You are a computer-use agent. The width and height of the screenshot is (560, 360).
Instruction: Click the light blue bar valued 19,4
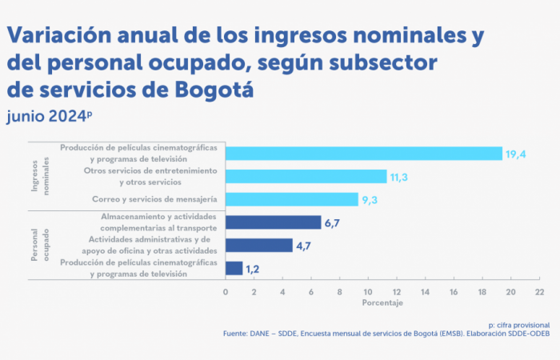tap(363, 154)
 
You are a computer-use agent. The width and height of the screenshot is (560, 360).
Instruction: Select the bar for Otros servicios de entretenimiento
tap(306, 176)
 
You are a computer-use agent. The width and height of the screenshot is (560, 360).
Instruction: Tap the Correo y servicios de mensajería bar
tap(291, 199)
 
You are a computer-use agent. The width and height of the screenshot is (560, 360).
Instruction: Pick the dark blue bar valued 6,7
tap(273, 222)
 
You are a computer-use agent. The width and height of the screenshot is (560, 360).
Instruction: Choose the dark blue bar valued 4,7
tap(258, 246)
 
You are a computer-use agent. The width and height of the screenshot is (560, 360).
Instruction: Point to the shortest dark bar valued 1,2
tap(234, 268)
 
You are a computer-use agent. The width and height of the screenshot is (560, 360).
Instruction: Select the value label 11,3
tap(398, 176)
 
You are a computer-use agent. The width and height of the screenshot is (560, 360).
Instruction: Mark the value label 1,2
tap(253, 269)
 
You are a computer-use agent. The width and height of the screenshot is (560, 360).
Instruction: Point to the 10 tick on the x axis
tap(368, 292)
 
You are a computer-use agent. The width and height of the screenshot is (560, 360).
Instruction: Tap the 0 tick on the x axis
tap(226, 292)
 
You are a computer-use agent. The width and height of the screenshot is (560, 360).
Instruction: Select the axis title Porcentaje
tap(382, 303)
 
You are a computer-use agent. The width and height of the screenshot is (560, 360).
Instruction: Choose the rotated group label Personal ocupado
tap(39, 245)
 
